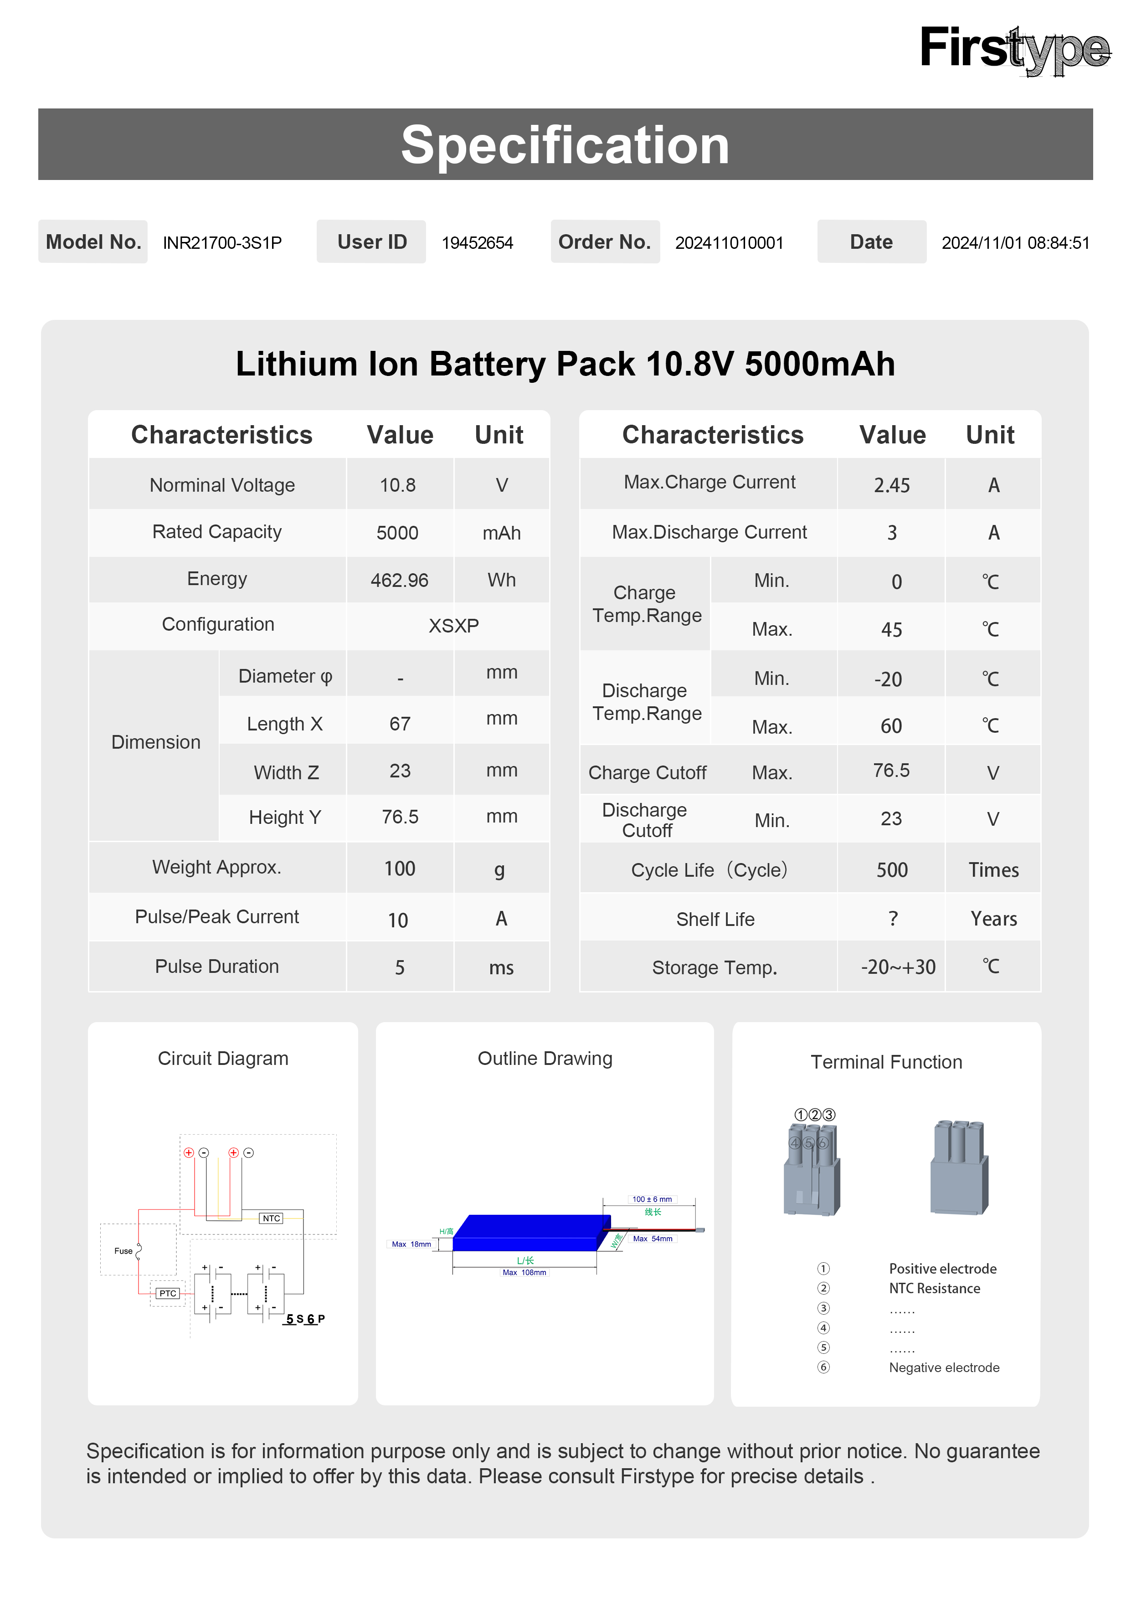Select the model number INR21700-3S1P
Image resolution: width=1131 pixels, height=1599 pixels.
(222, 243)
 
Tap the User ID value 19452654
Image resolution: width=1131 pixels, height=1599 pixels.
(477, 243)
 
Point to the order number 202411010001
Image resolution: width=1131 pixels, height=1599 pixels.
(729, 243)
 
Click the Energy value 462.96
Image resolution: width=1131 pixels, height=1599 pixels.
(399, 580)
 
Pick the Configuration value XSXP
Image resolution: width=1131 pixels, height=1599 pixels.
(453, 625)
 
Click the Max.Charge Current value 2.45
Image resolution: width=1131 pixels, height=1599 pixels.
(891, 485)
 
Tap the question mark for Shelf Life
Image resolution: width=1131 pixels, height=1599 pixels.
(893, 919)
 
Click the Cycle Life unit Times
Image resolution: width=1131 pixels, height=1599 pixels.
(993, 870)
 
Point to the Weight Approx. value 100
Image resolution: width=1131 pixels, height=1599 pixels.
(399, 869)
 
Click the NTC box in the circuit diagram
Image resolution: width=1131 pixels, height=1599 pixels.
(271, 1218)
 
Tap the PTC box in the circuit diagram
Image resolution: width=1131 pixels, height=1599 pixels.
(168, 1293)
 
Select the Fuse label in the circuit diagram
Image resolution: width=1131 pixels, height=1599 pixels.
(123, 1251)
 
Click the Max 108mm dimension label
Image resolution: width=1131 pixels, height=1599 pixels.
(524, 1272)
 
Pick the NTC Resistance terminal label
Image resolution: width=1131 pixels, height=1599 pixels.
(934, 1288)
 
